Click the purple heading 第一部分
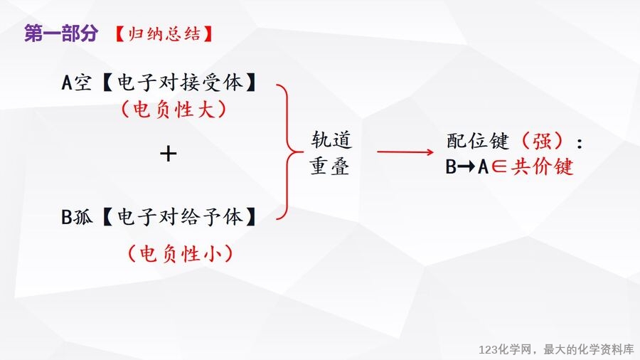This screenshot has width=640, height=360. click(61, 33)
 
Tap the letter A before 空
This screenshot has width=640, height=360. click(67, 83)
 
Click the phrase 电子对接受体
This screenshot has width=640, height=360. click(180, 83)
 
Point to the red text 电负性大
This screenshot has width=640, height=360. click(174, 110)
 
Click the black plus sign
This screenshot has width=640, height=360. click(168, 154)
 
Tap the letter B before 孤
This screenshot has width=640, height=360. click(67, 217)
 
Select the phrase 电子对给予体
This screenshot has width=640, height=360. click(180, 217)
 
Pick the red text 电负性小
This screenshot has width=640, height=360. click(181, 253)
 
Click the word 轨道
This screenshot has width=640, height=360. click(331, 139)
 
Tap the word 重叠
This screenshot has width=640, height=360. click(329, 166)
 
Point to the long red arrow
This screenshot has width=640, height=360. click(405, 152)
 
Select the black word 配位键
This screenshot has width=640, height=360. click(478, 141)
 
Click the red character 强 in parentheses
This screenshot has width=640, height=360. click(543, 141)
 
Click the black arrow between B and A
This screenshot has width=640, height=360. click(466, 166)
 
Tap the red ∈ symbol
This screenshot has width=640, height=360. click(498, 166)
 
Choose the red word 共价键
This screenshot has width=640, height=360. click(543, 166)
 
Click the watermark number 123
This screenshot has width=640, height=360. click(489, 349)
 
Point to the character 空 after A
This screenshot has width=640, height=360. click(82, 83)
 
